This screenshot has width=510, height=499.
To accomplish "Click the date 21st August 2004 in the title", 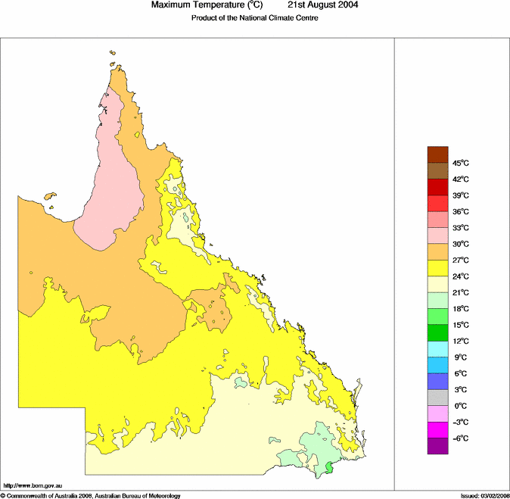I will click(x=323, y=5).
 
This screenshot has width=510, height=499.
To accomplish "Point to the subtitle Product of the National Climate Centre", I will click(x=254, y=18).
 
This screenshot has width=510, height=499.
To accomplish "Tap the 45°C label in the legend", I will click(x=462, y=164).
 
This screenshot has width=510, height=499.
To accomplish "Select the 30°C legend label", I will click(x=462, y=245).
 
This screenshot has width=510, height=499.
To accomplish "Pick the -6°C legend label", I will click(x=462, y=439).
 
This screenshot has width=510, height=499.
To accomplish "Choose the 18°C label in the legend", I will click(x=462, y=310).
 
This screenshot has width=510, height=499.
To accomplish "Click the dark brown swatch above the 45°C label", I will click(x=438, y=154).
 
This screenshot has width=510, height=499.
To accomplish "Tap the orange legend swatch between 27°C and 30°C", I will click(x=438, y=251).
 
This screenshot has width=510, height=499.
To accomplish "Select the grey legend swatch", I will click(x=438, y=398).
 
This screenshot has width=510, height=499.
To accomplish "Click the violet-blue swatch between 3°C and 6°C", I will click(x=438, y=382).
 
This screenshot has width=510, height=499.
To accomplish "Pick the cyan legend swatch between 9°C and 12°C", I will click(x=438, y=349).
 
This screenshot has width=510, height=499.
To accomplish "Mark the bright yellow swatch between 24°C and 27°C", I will click(x=438, y=268).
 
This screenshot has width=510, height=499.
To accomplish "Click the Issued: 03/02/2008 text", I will click(x=484, y=495).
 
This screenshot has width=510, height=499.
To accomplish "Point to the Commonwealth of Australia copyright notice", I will click(x=91, y=495).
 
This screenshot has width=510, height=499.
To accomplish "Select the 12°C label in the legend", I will click(x=462, y=342).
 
